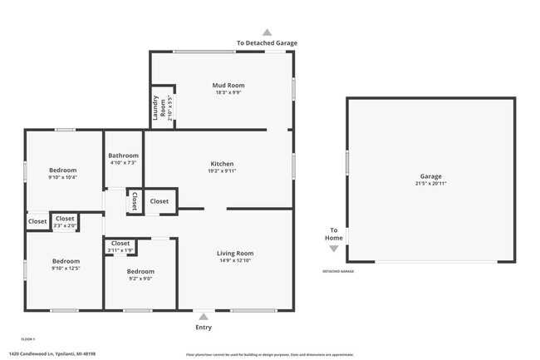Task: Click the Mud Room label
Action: [x=228, y=85]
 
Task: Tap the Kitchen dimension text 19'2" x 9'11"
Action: [x=222, y=171]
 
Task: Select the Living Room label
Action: [x=235, y=253]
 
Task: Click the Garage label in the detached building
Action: [x=430, y=176]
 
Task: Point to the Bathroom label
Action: [x=123, y=155]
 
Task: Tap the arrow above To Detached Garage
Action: [x=267, y=32]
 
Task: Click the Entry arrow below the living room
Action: [x=204, y=316]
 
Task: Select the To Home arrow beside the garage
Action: [x=334, y=248]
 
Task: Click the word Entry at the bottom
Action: [x=204, y=327]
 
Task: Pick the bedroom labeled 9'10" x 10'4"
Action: [x=62, y=170]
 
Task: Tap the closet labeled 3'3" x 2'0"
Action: [x=65, y=221]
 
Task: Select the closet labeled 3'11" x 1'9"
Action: [x=120, y=246]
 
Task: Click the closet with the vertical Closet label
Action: [x=134, y=201]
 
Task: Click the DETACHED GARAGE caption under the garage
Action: [x=338, y=271]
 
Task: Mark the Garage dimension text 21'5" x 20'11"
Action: [x=430, y=184]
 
